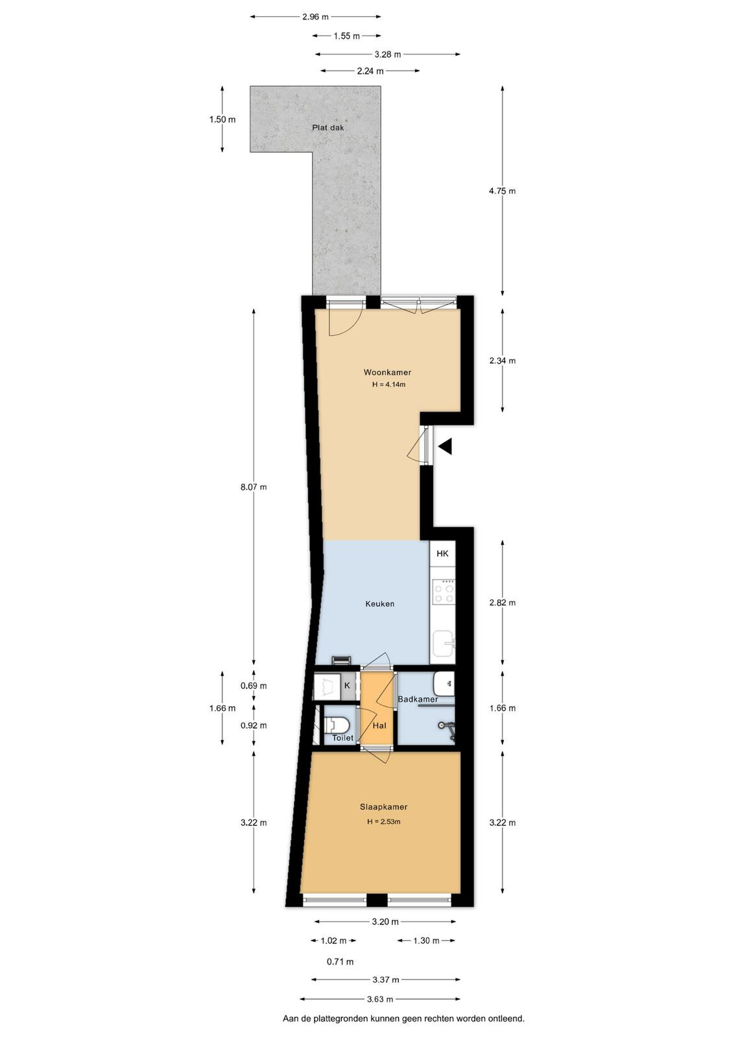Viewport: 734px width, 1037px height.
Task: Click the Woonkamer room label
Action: click(387, 372)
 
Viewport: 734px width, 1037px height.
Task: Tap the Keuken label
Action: click(380, 603)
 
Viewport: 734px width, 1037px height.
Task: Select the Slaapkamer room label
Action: click(383, 806)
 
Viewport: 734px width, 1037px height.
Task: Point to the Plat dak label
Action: click(328, 128)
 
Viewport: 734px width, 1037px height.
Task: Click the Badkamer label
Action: click(418, 699)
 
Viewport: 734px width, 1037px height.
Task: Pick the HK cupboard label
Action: click(442, 553)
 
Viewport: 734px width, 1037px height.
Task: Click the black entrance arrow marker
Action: click(445, 447)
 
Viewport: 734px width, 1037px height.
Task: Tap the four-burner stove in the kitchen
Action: click(444, 592)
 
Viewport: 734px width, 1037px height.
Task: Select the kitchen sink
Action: click(444, 643)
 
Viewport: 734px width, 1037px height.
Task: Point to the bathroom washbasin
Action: click(444, 684)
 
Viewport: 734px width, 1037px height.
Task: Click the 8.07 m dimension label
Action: click(254, 487)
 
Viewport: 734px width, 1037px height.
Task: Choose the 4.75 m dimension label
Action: click(502, 191)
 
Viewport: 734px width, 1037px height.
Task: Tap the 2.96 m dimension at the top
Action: click(315, 17)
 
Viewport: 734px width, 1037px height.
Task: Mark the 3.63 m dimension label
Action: click(380, 999)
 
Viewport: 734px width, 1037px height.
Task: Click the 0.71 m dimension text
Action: click(340, 962)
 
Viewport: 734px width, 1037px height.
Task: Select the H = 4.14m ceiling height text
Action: click(388, 384)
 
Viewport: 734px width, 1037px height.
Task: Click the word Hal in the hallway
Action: click(379, 725)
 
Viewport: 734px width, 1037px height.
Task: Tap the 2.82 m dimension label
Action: click(502, 603)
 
